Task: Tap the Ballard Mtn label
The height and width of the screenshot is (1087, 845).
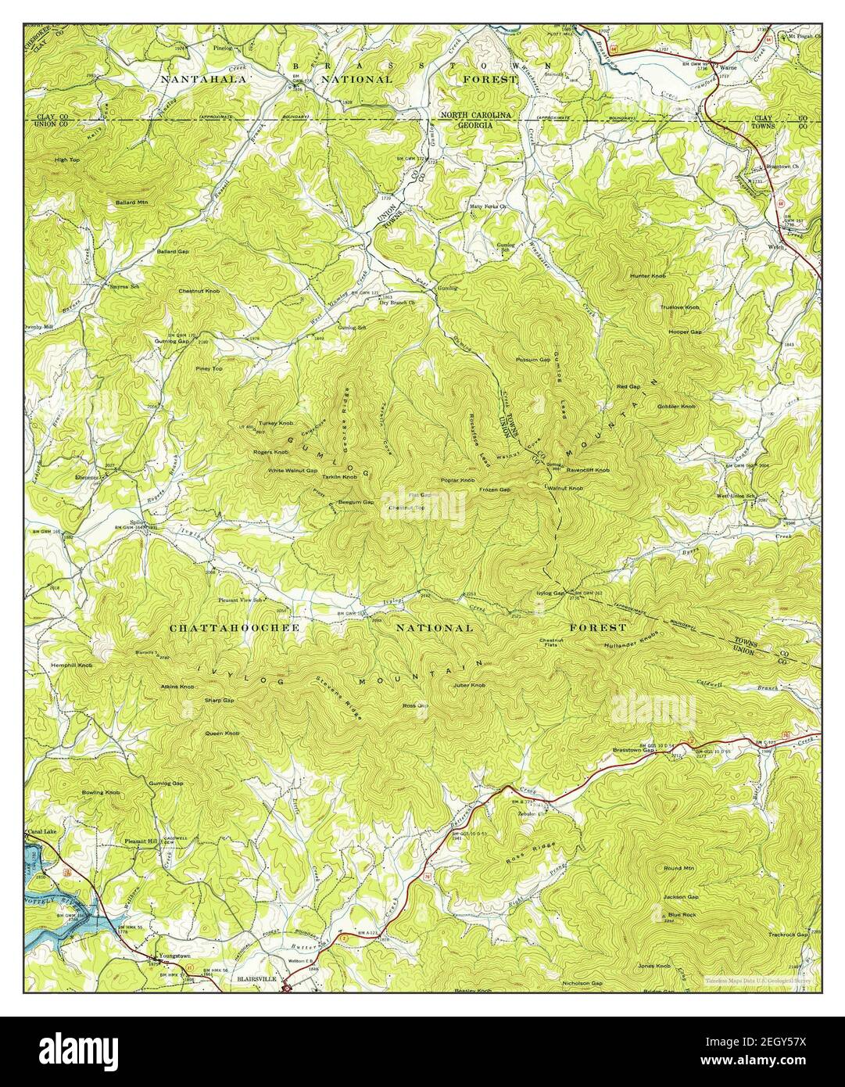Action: click(132, 203)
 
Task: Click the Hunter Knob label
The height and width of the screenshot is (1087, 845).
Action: click(648, 276)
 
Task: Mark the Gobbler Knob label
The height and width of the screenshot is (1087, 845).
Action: click(676, 407)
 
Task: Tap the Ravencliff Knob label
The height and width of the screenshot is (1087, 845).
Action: click(588, 471)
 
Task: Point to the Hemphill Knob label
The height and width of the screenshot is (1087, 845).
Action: click(72, 665)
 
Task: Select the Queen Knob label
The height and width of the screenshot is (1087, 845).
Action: click(222, 734)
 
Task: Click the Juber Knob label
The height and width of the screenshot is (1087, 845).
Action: click(469, 685)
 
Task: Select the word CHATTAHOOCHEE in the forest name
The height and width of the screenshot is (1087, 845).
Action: click(224, 628)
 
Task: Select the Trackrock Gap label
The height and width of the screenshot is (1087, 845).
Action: click(787, 935)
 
